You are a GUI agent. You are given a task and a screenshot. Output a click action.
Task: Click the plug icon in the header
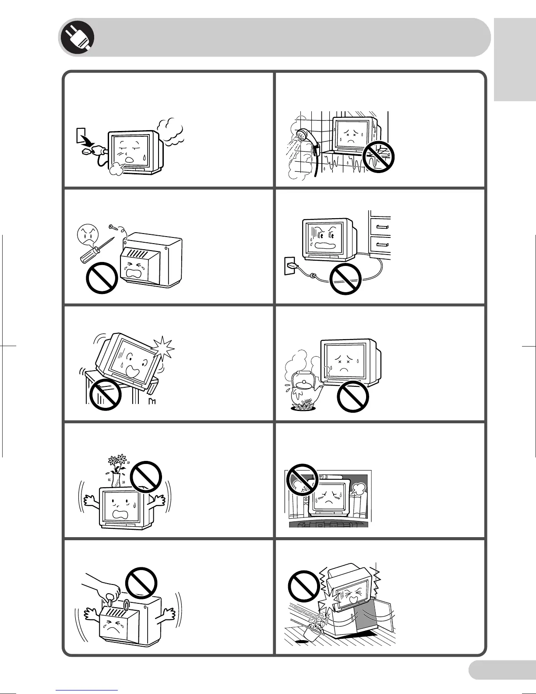[77, 37]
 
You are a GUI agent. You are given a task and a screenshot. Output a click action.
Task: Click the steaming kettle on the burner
[302, 389]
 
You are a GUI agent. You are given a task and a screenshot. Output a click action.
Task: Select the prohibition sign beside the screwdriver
[102, 277]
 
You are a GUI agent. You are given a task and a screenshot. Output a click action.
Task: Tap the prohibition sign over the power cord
[345, 279]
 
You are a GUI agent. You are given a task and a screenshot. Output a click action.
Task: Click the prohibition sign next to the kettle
[353, 397]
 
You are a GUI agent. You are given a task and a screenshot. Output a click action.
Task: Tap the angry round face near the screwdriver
[87, 234]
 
